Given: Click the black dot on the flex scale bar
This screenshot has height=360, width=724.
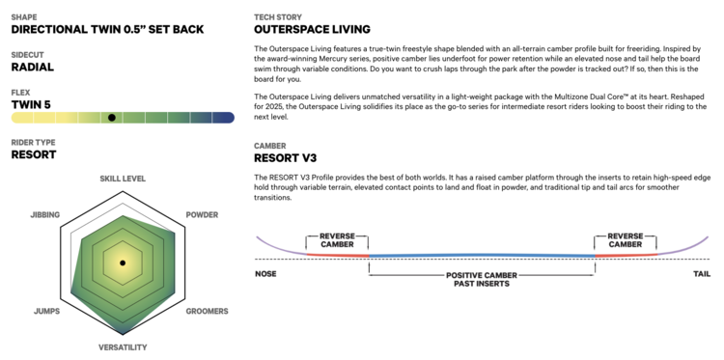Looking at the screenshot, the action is tap(112, 118).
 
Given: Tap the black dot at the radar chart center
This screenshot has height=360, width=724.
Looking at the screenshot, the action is tap(123, 263).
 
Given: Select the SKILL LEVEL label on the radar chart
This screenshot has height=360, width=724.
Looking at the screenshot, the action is tap(123, 179).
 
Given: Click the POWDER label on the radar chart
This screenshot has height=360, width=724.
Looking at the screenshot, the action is tap(203, 215).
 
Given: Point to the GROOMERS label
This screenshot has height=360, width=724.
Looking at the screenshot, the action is tap(207, 311).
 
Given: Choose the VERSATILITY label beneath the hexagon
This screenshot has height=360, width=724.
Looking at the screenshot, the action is tap(123, 347).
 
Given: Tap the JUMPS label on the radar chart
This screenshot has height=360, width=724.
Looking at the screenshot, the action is tap(46, 311).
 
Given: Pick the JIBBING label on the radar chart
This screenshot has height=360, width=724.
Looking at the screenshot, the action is tap(44, 215).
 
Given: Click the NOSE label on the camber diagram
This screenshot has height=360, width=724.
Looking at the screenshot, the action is tap(266, 274).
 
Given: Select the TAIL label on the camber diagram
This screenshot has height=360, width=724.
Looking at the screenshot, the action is tap(702, 274).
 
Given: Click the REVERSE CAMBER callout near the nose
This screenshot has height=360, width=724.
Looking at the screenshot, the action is tap(337, 240).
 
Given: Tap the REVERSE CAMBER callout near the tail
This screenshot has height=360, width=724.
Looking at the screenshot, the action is tap(626, 240).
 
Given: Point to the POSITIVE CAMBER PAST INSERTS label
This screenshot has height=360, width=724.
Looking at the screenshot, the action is tap(482, 280).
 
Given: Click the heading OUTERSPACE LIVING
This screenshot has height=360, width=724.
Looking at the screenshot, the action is tap(312, 30).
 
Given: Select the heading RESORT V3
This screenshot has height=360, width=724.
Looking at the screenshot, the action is tap(286, 158).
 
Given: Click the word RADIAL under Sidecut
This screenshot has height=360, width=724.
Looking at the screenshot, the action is tap(32, 68).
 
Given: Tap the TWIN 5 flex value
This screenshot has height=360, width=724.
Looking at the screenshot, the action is tap(31, 105).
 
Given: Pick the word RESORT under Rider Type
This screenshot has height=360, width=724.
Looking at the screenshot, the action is tap(34, 154).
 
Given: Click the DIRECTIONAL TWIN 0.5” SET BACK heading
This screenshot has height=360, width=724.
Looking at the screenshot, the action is tap(107, 30).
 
